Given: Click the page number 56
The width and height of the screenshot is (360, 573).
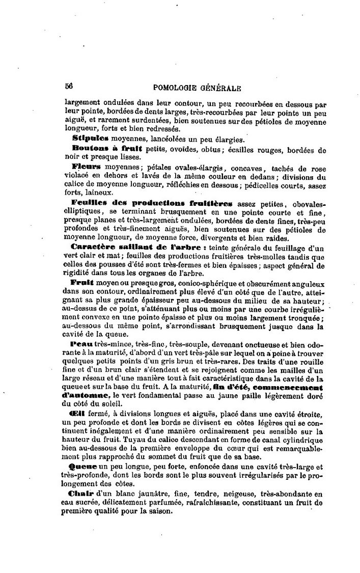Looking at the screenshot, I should pos(69,87).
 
